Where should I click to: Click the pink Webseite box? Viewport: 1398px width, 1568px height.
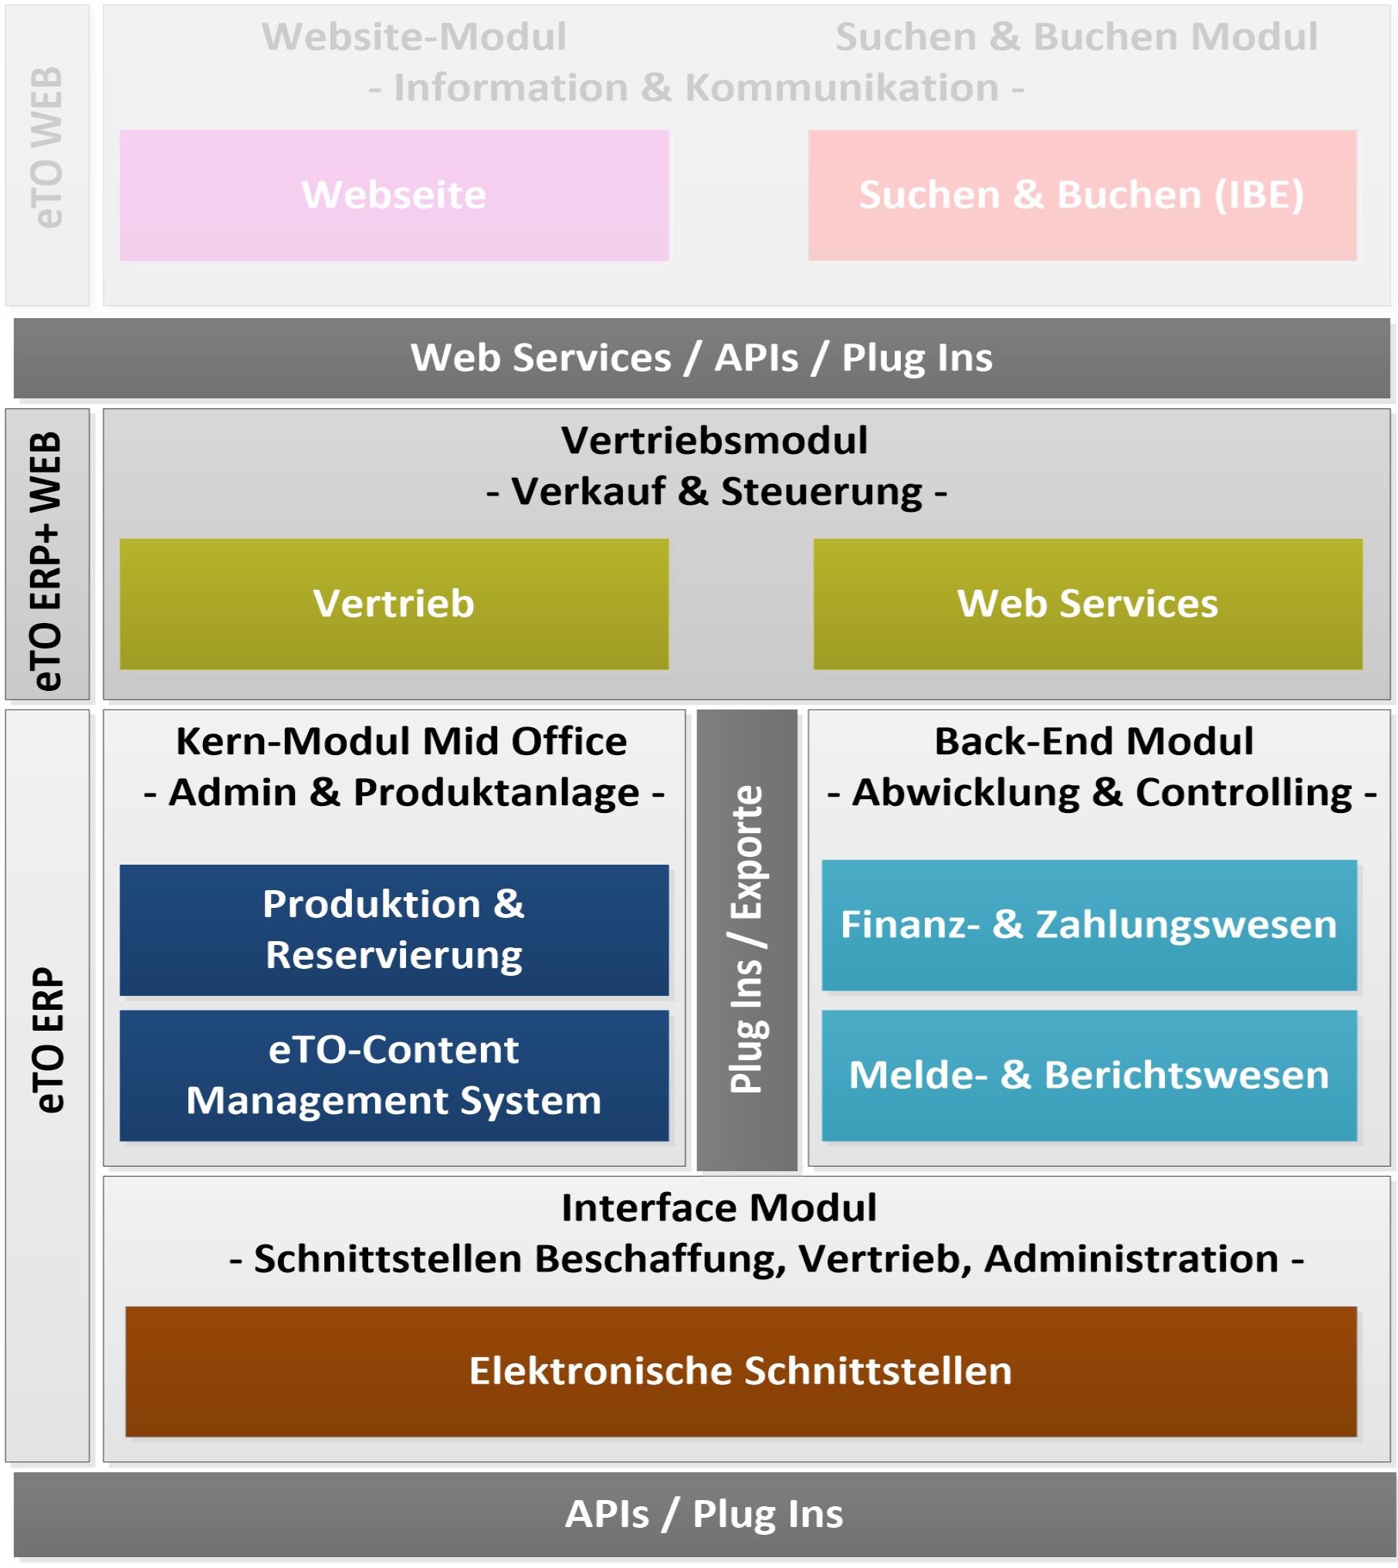pyautogui.click(x=394, y=195)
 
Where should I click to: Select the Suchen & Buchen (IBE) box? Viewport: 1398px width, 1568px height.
pyautogui.click(x=1082, y=195)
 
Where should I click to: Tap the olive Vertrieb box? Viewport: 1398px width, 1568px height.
pyautogui.click(x=394, y=604)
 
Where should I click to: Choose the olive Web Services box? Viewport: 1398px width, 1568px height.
pyautogui.click(x=1087, y=604)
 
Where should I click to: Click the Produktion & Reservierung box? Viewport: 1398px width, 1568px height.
pyautogui.click(x=394, y=930)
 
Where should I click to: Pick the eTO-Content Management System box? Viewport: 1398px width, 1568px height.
pyautogui.click(x=394, y=1075)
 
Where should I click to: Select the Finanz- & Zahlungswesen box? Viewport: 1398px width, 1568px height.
pyautogui.click(x=1088, y=925)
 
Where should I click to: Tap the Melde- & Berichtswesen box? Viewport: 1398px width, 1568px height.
pyautogui.click(x=1088, y=1075)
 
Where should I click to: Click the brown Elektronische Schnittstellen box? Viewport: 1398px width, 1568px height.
pyautogui.click(x=740, y=1371)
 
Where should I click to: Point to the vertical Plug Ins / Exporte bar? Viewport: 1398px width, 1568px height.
pyautogui.click(x=746, y=939)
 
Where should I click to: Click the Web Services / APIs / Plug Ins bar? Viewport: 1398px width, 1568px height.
pyautogui.click(x=702, y=358)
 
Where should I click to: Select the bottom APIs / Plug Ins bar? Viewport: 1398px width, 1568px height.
pyautogui.click(x=704, y=1514)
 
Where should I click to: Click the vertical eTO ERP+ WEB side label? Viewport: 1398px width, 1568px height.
pyautogui.click(x=47, y=560)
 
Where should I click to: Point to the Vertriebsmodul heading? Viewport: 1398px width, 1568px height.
pyautogui.click(x=715, y=441)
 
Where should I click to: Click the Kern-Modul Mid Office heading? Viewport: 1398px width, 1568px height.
pyautogui.click(x=401, y=741)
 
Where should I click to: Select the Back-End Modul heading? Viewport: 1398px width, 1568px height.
pyautogui.click(x=1094, y=741)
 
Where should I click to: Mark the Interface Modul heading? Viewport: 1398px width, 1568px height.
pyautogui.click(x=719, y=1207)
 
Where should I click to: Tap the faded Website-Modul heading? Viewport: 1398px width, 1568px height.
pyautogui.click(x=415, y=37)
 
